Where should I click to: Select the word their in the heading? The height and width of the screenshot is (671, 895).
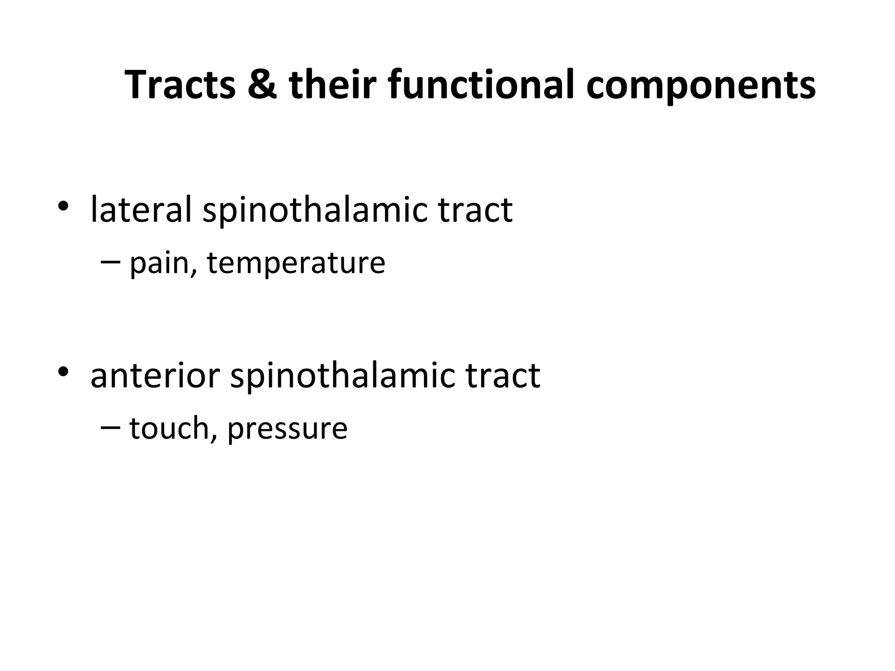pos(332,85)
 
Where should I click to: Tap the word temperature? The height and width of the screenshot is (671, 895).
pos(296,264)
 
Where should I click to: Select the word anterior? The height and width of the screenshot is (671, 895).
pos(155,376)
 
